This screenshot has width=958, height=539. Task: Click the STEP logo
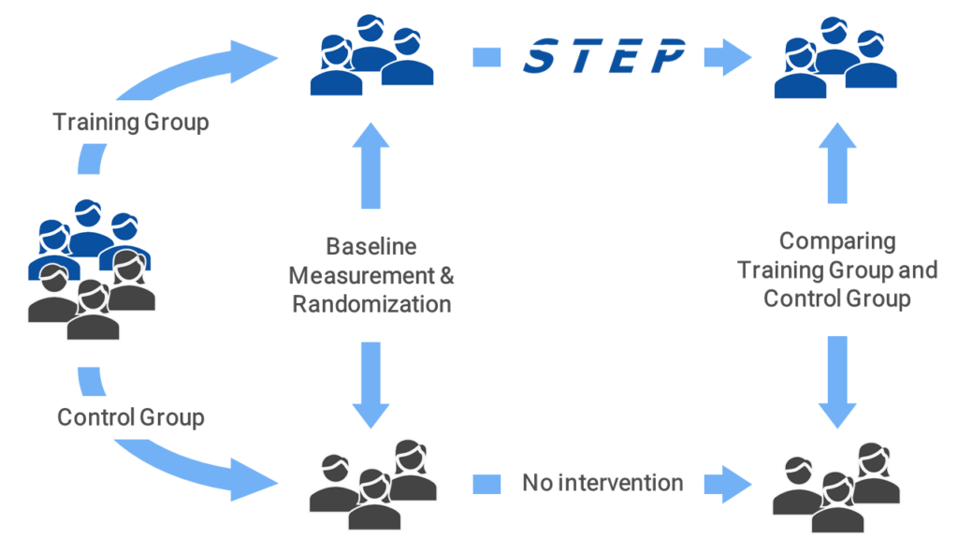[603, 57]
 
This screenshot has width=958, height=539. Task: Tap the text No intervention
[602, 483]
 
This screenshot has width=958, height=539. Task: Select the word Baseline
[371, 247]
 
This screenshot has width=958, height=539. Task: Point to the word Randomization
[371, 304]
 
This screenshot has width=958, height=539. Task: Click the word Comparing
[837, 241]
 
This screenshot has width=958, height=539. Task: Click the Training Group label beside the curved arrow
[131, 123]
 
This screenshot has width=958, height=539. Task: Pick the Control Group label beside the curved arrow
[131, 416]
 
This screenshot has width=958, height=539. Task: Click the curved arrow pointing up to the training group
[159, 80]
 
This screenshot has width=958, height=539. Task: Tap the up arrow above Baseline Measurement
[371, 169]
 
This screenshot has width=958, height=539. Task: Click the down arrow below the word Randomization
[371, 384]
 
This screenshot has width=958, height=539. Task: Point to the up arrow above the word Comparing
[837, 164]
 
